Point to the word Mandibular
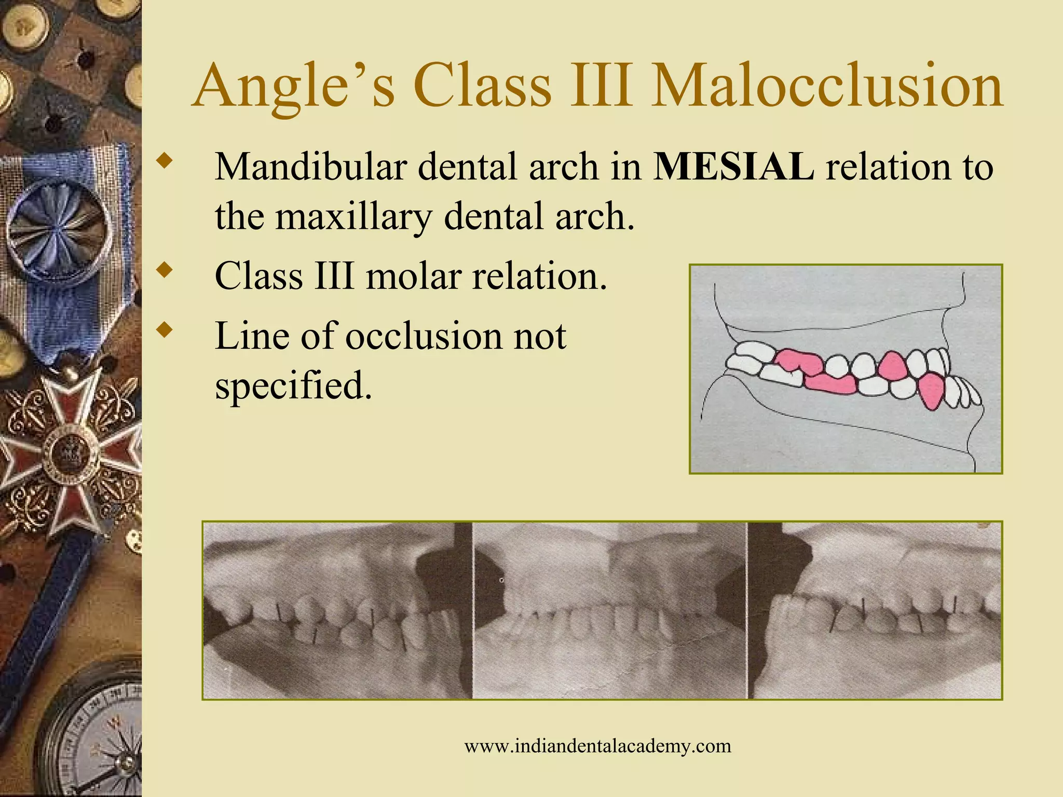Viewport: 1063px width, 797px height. click(x=310, y=167)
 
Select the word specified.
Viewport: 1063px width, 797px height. click(x=293, y=387)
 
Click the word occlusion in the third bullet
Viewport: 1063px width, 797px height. click(x=423, y=336)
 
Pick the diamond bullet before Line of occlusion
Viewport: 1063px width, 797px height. click(x=166, y=329)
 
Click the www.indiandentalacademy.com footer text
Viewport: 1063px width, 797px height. click(x=597, y=746)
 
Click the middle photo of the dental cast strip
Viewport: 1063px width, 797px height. click(x=610, y=611)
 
